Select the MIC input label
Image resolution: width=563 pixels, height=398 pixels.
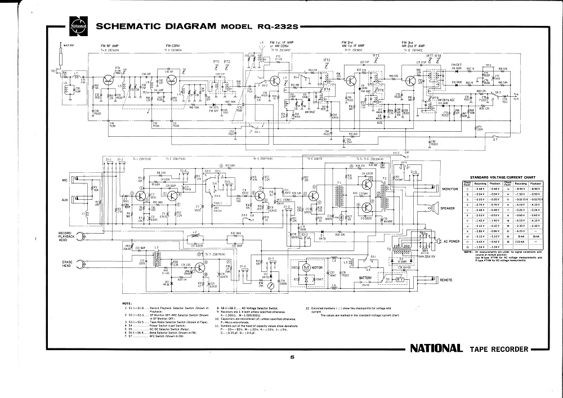click(65, 180)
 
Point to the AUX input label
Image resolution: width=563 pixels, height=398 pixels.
click(65, 200)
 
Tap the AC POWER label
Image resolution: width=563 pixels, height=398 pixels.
click(452, 241)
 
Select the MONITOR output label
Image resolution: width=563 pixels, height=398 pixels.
click(450, 189)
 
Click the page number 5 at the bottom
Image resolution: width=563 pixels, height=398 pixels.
click(292, 356)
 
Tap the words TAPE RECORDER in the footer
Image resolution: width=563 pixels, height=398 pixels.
click(499, 349)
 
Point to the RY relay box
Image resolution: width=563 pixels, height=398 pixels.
click(400, 279)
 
